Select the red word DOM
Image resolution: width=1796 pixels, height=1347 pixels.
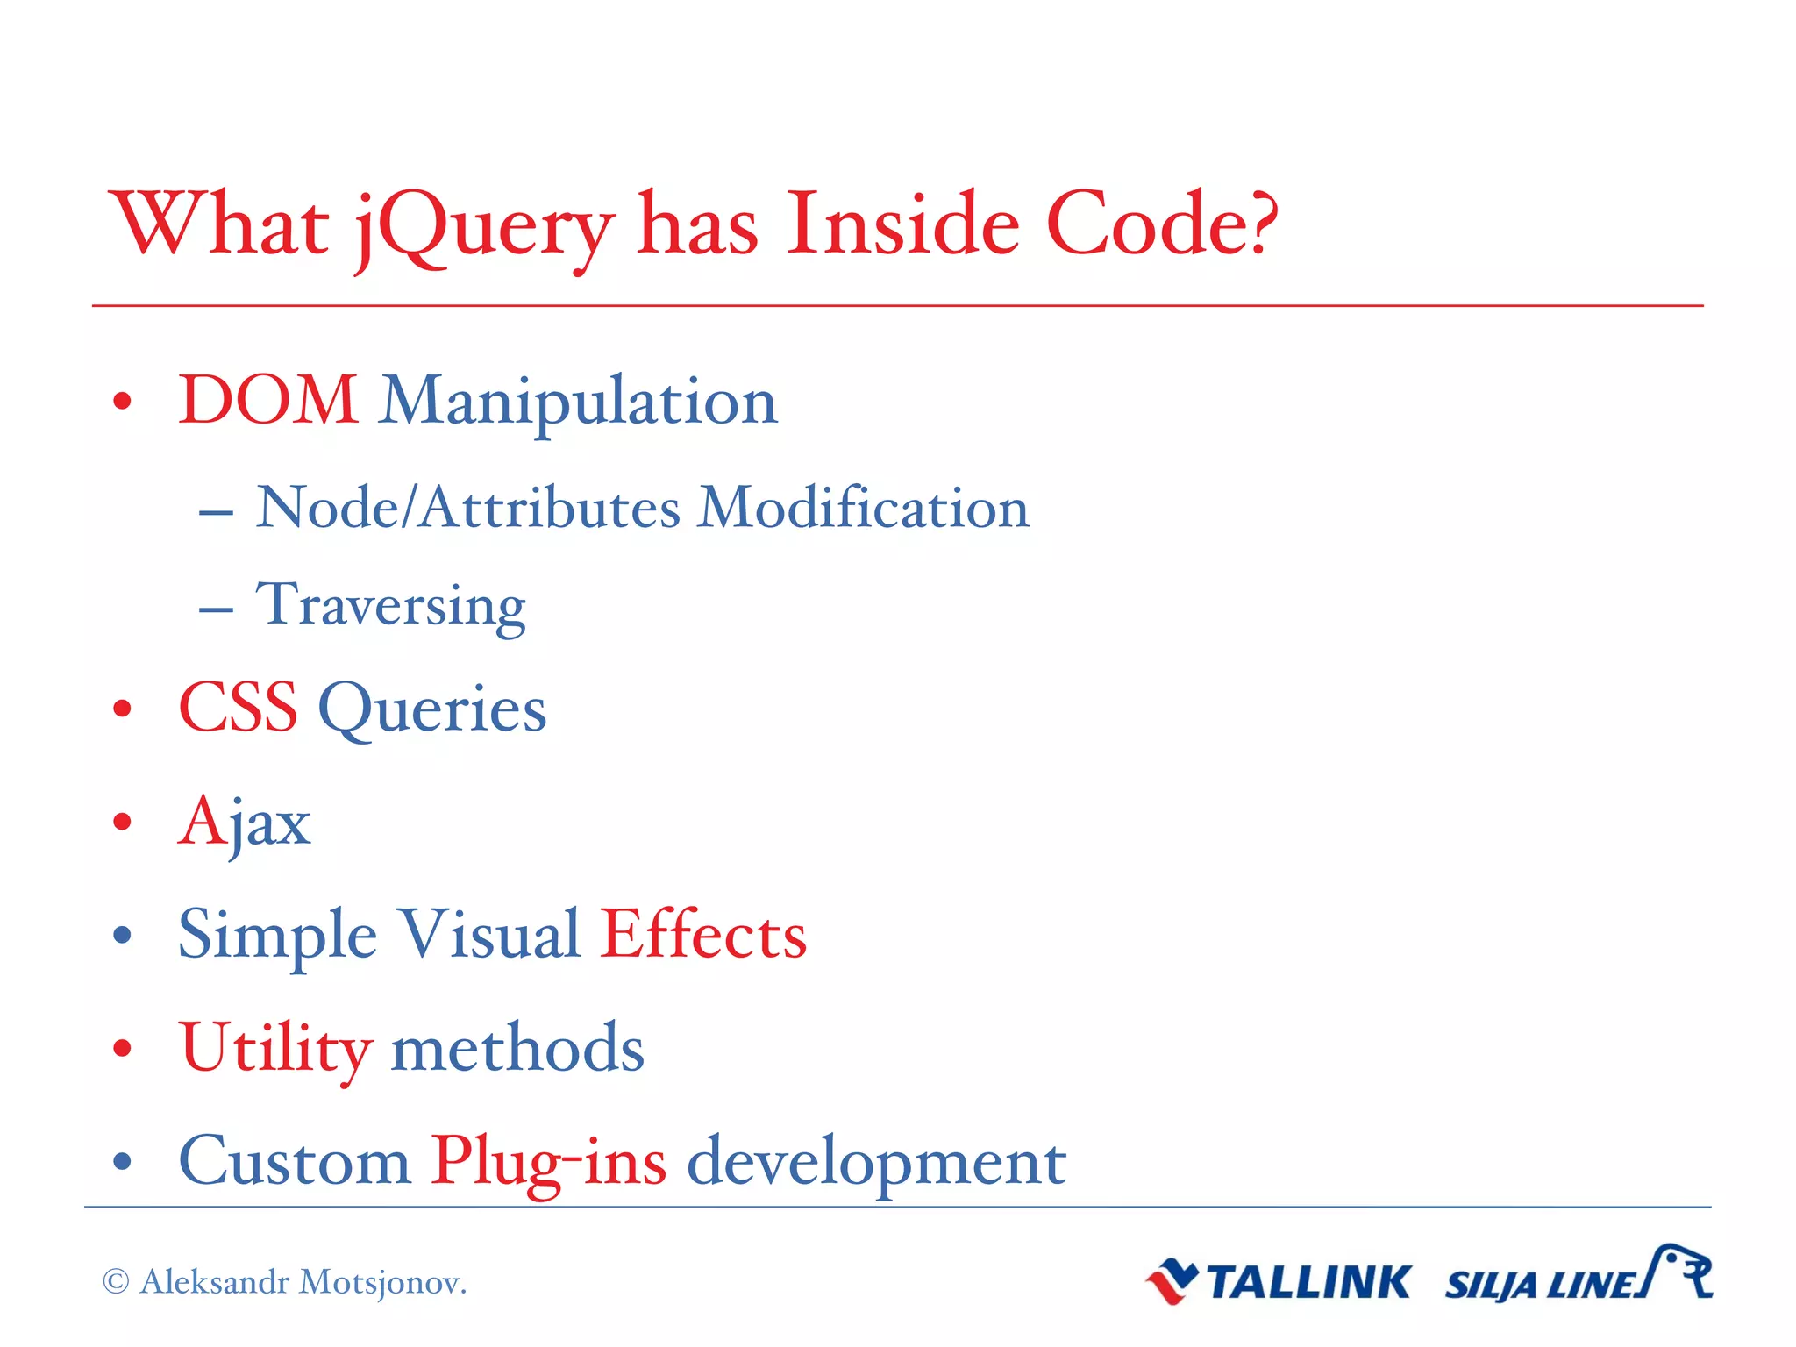coord(268,401)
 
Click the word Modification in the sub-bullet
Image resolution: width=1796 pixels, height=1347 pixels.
coord(863,509)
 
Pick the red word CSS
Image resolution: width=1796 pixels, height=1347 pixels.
coord(239,708)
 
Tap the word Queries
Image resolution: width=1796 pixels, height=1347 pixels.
coord(432,710)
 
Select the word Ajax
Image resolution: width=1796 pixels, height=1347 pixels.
coord(245,823)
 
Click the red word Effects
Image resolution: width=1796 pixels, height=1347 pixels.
coord(703,935)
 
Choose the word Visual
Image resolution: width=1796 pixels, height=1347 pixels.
coord(489,935)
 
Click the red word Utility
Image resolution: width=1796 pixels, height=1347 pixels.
coord(275,1049)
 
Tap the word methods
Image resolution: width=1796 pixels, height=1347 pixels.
coord(517,1049)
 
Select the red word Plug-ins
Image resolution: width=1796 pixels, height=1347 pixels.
coord(548,1163)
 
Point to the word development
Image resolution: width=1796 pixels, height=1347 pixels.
coord(876,1163)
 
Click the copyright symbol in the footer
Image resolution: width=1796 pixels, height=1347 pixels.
coord(116,1282)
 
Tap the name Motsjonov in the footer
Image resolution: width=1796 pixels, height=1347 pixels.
coord(382,1282)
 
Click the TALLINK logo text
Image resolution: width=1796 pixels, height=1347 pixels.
coord(1308,1283)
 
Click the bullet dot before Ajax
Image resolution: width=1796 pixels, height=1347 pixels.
coord(123,823)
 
